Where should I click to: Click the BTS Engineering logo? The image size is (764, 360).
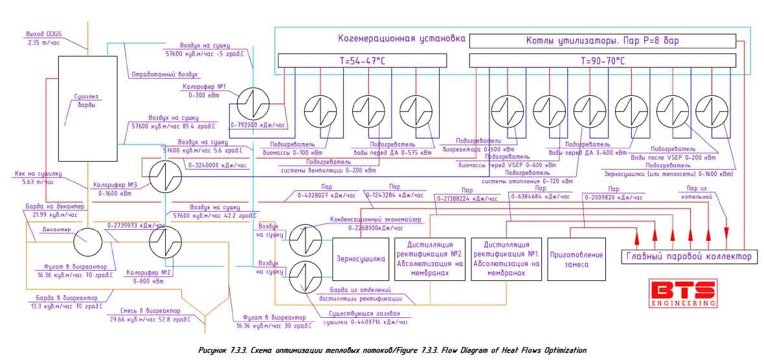click(684, 293)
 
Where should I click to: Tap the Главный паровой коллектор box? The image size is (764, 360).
click(688, 256)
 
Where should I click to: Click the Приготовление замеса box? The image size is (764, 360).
click(576, 259)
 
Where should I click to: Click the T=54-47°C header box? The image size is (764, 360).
click(361, 60)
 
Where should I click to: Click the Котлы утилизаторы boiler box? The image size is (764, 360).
click(602, 41)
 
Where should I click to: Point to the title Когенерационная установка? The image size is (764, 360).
click(402, 38)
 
